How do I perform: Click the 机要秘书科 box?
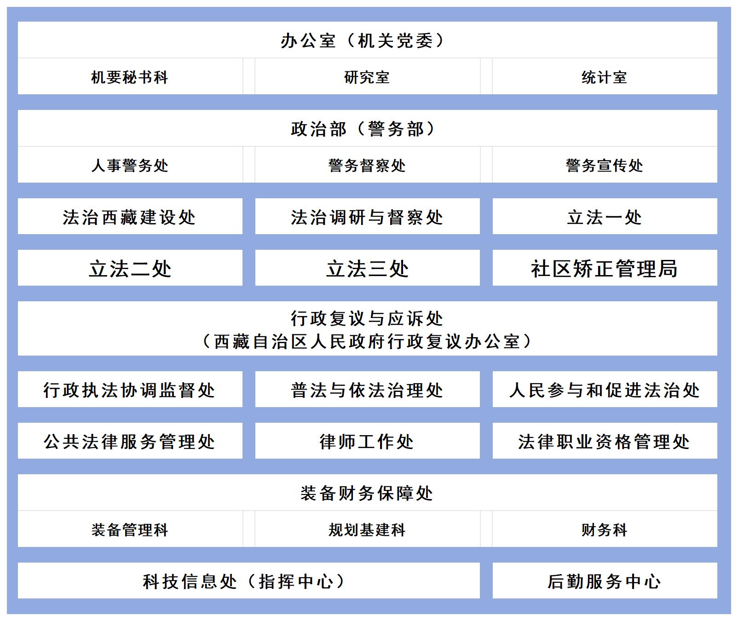coord(130,77)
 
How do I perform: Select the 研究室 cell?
coord(367,77)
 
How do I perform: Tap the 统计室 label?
coord(605,77)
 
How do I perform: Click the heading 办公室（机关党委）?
coord(363,41)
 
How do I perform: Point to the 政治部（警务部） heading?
coord(363,129)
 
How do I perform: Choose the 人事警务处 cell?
coord(130,165)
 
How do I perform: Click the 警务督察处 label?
coord(367,166)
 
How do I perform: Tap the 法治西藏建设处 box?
coord(130,216)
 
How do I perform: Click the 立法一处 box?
coord(605,216)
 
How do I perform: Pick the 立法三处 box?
coord(367,268)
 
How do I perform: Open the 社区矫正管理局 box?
coord(605,268)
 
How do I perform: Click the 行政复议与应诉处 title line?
coord(367,318)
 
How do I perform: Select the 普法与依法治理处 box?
coord(367,389)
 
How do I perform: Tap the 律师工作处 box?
coord(367,441)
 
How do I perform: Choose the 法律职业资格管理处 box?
coord(605,441)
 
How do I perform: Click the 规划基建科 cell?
coord(367,529)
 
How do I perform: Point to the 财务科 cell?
coord(605,529)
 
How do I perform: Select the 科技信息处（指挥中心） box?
coord(249,581)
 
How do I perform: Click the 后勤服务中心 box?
coord(605,581)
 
